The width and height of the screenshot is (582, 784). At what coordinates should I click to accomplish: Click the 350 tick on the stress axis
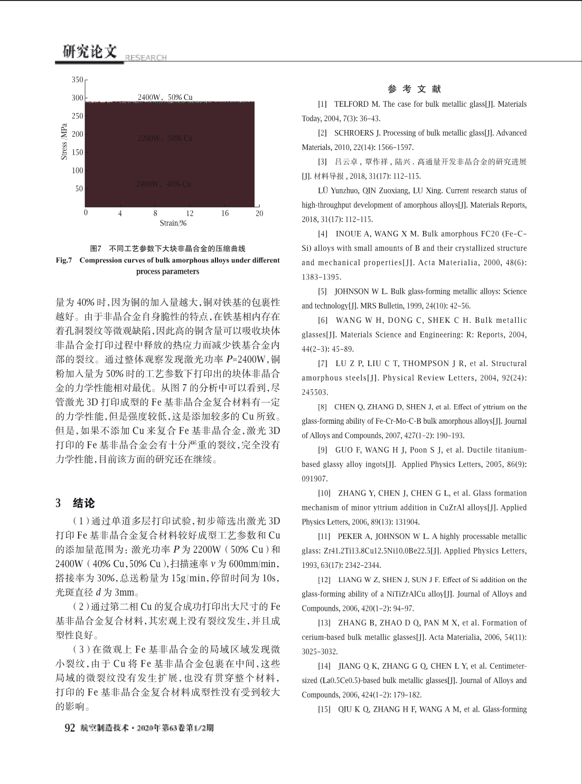78,80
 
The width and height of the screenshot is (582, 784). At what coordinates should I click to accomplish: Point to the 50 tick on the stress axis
79,189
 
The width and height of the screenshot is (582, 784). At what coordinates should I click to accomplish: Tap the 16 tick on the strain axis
224,213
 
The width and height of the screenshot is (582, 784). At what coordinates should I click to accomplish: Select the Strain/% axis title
173,223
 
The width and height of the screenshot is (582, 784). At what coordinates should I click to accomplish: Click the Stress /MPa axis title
64,142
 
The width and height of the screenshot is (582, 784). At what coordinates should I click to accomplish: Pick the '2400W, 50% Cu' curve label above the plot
165,97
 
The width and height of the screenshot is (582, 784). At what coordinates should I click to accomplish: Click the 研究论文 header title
89,51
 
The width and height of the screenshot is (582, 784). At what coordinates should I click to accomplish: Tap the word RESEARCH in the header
146,58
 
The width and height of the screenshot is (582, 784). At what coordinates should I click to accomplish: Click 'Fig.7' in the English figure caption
64,260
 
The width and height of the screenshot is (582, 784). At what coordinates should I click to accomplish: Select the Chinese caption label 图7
96,248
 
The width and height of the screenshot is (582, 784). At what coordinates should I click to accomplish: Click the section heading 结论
83,503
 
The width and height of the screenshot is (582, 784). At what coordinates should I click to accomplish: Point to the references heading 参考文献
414,89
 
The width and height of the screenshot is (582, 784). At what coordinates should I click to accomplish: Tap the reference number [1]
322,104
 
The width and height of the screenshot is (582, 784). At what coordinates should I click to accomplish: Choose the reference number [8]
322,407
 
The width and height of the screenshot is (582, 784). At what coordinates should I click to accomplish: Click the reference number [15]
324,709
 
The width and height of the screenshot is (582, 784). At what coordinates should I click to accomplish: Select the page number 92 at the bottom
70,728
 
